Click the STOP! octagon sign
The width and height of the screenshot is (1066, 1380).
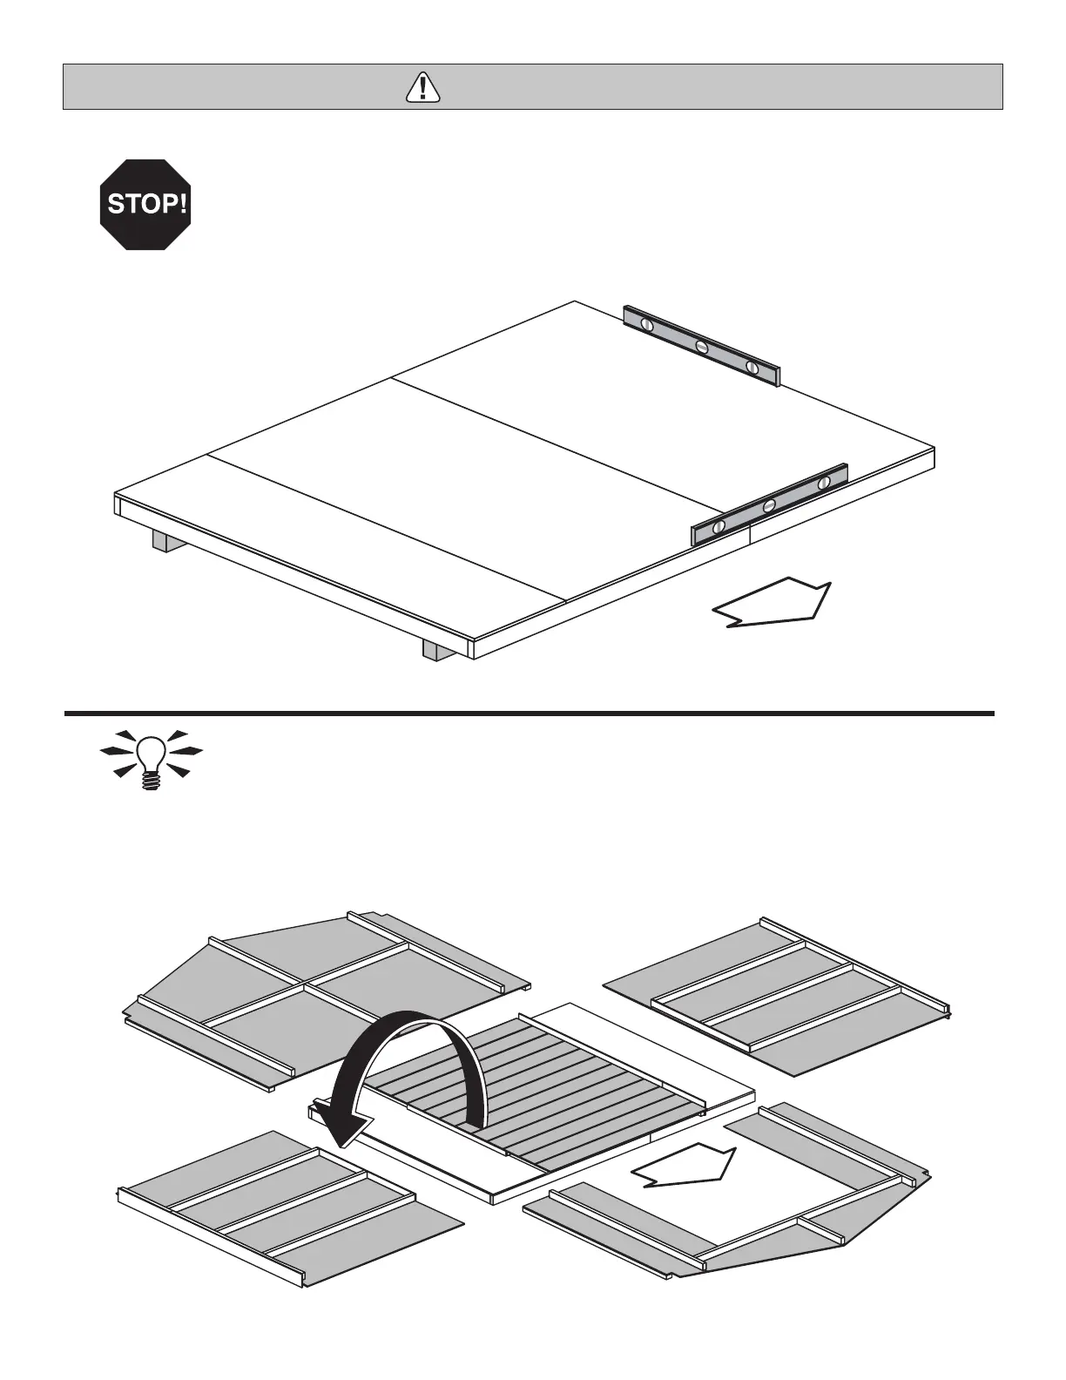145,205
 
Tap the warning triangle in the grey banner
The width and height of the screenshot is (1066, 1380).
422,87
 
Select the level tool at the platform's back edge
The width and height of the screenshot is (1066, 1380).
702,345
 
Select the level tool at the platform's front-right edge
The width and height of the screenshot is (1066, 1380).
770,504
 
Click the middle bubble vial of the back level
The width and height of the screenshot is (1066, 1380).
702,347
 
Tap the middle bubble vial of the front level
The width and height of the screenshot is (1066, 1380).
769,505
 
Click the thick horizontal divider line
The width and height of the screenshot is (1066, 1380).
530,714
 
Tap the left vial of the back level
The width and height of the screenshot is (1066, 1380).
647,323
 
